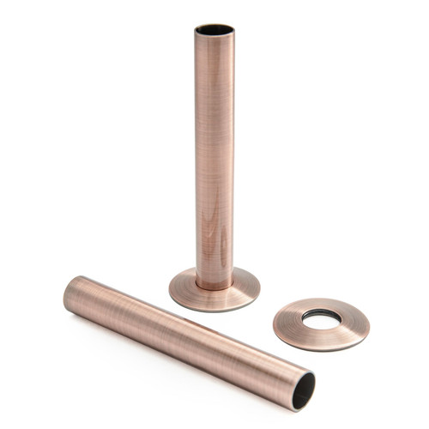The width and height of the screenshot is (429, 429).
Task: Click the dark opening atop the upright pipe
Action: click(x=214, y=30)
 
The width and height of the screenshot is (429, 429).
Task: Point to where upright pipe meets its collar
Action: click(x=214, y=282)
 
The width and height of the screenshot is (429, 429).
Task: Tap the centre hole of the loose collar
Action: click(x=321, y=318)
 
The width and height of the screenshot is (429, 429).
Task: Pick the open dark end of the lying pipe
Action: click(x=302, y=391)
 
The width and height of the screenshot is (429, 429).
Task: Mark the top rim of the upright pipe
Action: click(x=214, y=25)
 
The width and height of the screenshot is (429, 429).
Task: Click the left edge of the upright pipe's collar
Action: click(x=171, y=289)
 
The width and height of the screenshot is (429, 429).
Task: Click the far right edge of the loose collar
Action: click(x=368, y=323)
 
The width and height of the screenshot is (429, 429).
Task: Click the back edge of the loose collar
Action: click(x=322, y=300)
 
